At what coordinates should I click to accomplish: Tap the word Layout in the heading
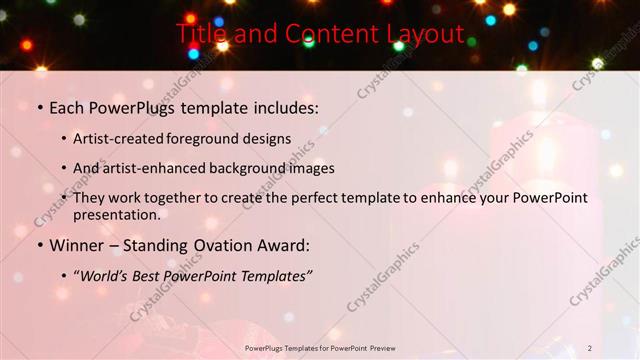[x=421, y=34]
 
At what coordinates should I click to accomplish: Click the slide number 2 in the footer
[x=590, y=347]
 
